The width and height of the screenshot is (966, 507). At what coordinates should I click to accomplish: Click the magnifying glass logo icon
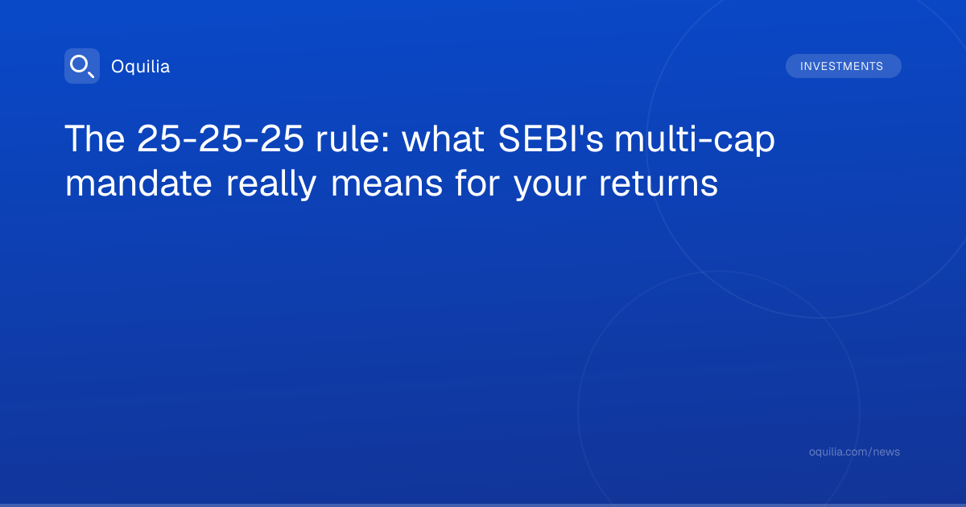[x=82, y=66]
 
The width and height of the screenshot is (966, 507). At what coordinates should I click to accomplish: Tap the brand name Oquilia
[x=141, y=67]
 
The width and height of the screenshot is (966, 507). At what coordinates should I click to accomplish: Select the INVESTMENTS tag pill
[x=843, y=66]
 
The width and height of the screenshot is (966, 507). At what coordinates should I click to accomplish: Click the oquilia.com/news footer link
[x=854, y=451]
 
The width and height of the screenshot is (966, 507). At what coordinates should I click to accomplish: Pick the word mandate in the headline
[x=138, y=183]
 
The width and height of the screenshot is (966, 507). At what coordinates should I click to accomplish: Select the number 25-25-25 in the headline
[x=221, y=138]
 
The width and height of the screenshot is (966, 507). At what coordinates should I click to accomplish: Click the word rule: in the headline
[x=353, y=138]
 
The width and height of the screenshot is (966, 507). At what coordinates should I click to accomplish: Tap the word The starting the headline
[x=95, y=138]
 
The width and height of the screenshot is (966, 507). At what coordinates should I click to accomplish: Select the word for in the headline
[x=477, y=183]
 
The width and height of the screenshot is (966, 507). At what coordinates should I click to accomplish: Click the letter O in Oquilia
[x=118, y=67]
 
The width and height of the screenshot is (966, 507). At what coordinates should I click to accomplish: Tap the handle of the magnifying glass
[x=90, y=74]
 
